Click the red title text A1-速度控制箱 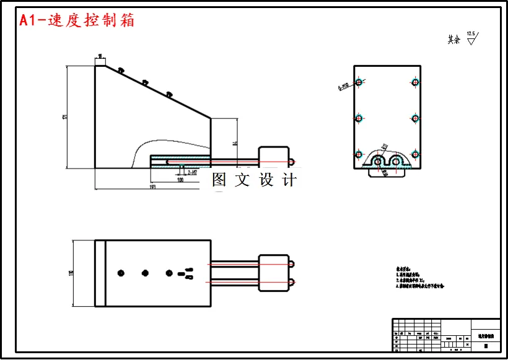point(77,20)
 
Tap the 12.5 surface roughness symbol point(471,38)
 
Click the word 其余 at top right point(454,40)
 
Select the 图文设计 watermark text point(254,180)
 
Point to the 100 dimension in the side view point(180,180)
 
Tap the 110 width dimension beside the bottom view point(72,273)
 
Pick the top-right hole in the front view point(414,82)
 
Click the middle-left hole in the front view point(358,118)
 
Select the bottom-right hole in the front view point(414,153)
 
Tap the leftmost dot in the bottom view point(121,273)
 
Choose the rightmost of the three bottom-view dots point(169,273)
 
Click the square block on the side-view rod point(273,159)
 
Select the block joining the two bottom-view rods point(273,273)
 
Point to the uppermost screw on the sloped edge point(121,71)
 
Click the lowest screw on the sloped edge point(169,94)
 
